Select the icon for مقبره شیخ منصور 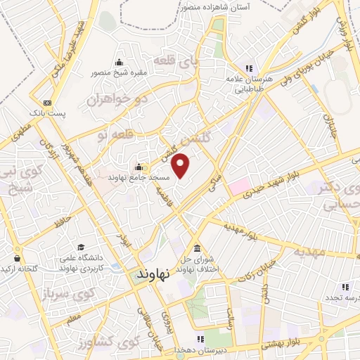point(117,62)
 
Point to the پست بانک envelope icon point(47,102)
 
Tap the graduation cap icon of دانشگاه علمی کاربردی point(82,247)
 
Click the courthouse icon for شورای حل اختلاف point(195,250)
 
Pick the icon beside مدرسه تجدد point(345,287)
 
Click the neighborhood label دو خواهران point(119,99)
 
